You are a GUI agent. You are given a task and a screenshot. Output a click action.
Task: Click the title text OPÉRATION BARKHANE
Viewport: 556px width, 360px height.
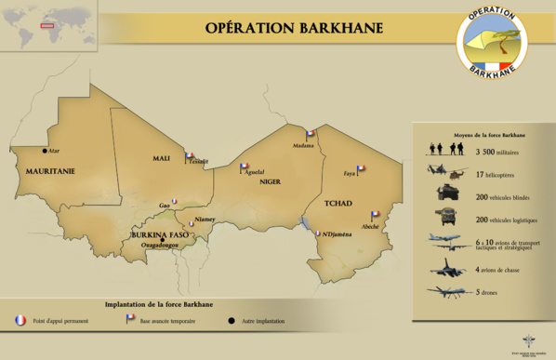pyautogui.click(x=293, y=27)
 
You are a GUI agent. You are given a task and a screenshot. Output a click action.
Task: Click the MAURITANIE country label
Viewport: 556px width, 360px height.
pyautogui.click(x=49, y=172)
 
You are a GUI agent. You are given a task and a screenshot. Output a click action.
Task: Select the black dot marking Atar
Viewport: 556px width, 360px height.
pyautogui.click(x=44, y=150)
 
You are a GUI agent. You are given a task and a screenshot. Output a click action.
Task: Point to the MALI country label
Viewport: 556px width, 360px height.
pyautogui.click(x=161, y=159)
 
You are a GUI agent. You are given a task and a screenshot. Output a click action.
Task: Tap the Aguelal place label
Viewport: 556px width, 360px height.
pyautogui.click(x=255, y=172)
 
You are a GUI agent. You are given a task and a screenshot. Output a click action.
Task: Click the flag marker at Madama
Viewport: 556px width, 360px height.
pyautogui.click(x=310, y=135)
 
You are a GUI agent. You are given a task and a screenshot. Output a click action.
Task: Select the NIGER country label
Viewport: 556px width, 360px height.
pyautogui.click(x=270, y=181)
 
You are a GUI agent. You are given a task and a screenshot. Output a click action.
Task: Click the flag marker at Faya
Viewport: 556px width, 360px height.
pyautogui.click(x=360, y=169)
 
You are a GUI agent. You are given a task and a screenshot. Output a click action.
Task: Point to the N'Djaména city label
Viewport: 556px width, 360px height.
pyautogui.click(x=337, y=233)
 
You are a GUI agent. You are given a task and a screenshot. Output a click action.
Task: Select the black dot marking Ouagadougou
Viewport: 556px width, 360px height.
pyautogui.click(x=162, y=241)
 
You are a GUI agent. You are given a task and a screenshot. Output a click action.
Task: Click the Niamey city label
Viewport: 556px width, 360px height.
pyautogui.click(x=205, y=220)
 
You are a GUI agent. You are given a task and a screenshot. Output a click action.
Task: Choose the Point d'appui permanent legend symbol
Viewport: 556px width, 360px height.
pyautogui.click(x=20, y=321)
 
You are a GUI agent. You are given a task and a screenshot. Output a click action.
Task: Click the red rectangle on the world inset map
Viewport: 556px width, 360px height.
pyautogui.click(x=46, y=25)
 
